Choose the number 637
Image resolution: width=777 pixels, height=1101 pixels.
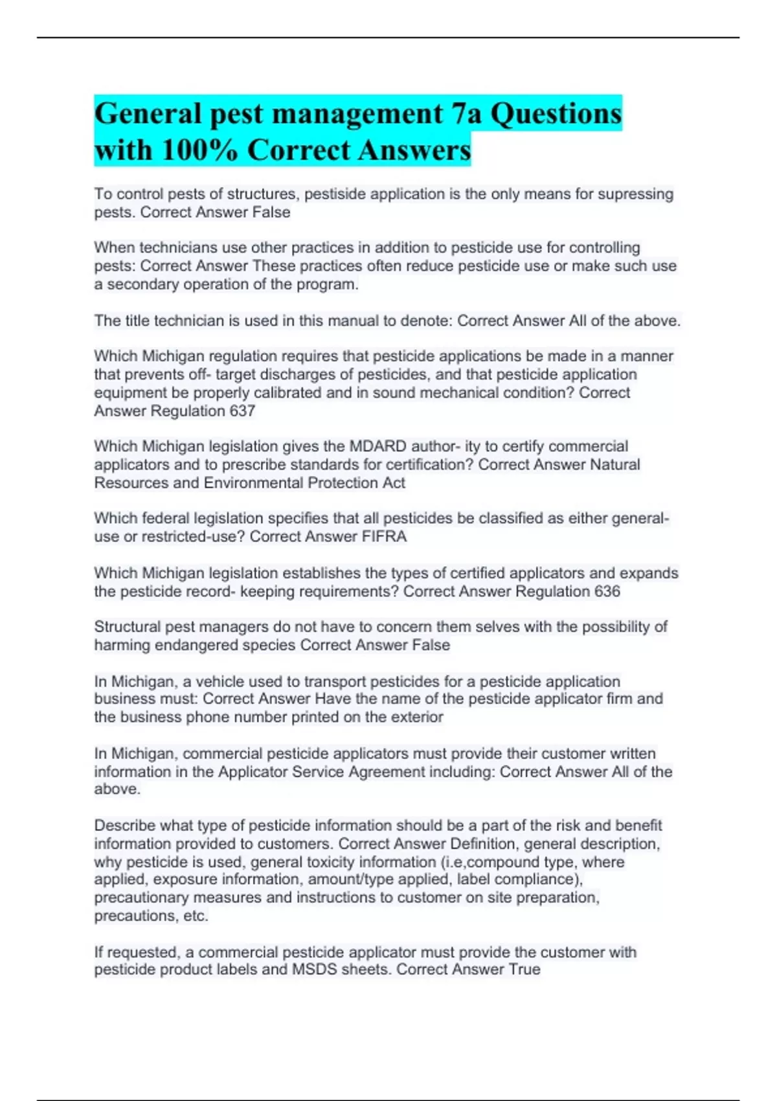pos(242,411)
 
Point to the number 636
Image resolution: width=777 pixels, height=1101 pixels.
pos(607,591)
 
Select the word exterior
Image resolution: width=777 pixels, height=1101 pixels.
pos(417,717)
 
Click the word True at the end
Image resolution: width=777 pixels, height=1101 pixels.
pos(525,970)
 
